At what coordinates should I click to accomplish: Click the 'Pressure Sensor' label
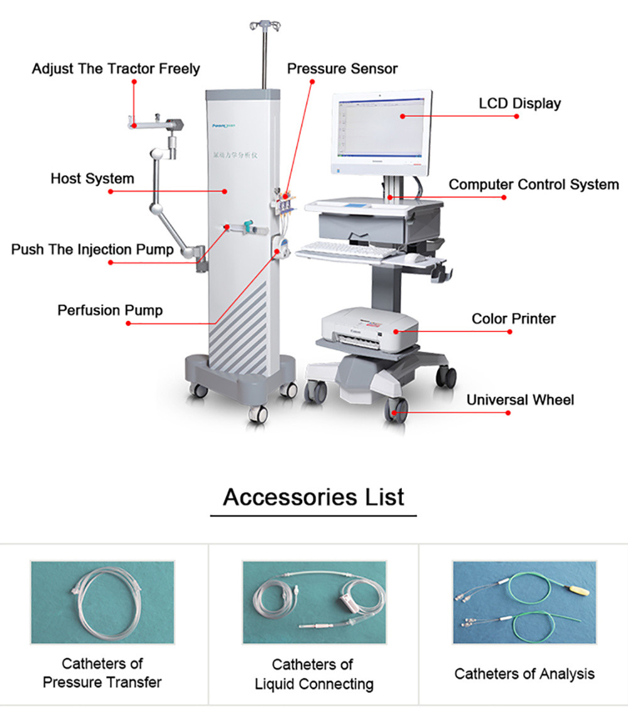tap(342, 68)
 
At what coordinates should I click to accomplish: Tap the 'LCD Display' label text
tap(519, 103)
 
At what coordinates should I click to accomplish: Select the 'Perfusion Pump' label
tap(110, 310)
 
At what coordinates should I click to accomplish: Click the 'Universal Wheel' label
tap(520, 400)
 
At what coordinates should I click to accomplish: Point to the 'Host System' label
tap(92, 178)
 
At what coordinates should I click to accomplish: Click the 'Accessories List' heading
tap(313, 497)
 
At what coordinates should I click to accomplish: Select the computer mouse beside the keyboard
tap(412, 258)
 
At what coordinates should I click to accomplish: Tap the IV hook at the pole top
tap(264, 26)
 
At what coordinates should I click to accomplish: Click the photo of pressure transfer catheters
tap(102, 602)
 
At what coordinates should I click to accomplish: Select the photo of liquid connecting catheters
tap(314, 602)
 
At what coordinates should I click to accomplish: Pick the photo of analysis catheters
tap(524, 602)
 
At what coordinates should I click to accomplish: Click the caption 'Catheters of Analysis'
tap(524, 674)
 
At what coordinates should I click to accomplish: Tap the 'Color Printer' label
tap(513, 318)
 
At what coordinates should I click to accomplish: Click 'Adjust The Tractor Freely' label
tap(116, 68)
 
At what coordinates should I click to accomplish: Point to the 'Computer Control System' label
tap(533, 185)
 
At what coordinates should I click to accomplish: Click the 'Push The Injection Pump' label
tap(92, 249)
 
